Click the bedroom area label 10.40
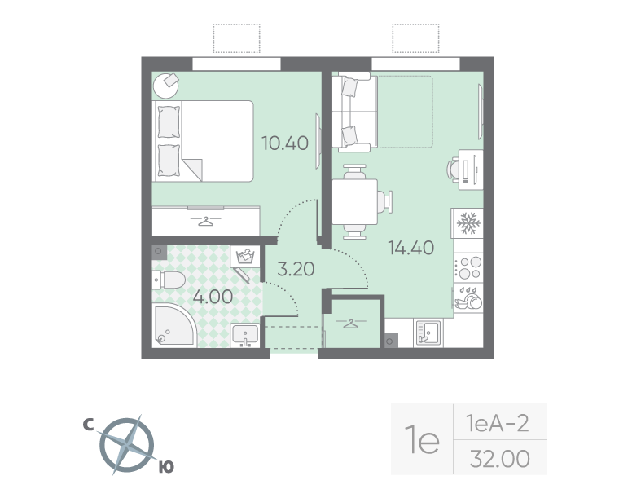click(284, 143)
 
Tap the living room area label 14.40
click(410, 247)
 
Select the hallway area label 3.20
click(296, 269)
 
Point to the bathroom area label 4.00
click(213, 296)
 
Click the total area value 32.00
click(499, 458)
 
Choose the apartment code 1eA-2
click(497, 423)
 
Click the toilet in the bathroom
click(169, 281)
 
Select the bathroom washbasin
click(244, 334)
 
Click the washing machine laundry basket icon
click(244, 258)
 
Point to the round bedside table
click(169, 83)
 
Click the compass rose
click(126, 445)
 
